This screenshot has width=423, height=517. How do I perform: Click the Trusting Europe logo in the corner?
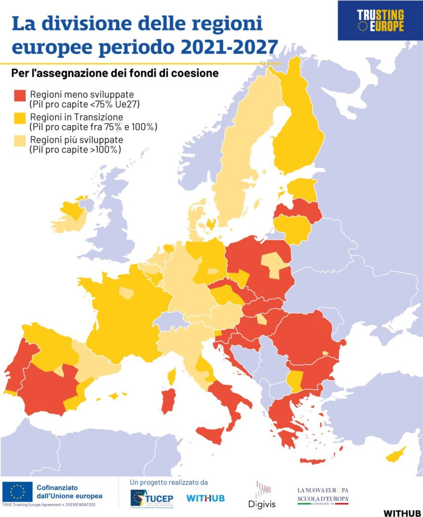(x=380, y=21)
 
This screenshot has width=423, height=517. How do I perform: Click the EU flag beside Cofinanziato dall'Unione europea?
(x=17, y=491)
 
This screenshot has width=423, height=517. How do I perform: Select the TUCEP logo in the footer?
(x=152, y=498)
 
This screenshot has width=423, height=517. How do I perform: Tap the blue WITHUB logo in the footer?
(x=205, y=498)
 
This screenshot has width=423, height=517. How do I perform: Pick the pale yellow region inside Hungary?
(x=261, y=319)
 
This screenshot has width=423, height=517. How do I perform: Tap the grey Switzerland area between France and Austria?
(x=169, y=320)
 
